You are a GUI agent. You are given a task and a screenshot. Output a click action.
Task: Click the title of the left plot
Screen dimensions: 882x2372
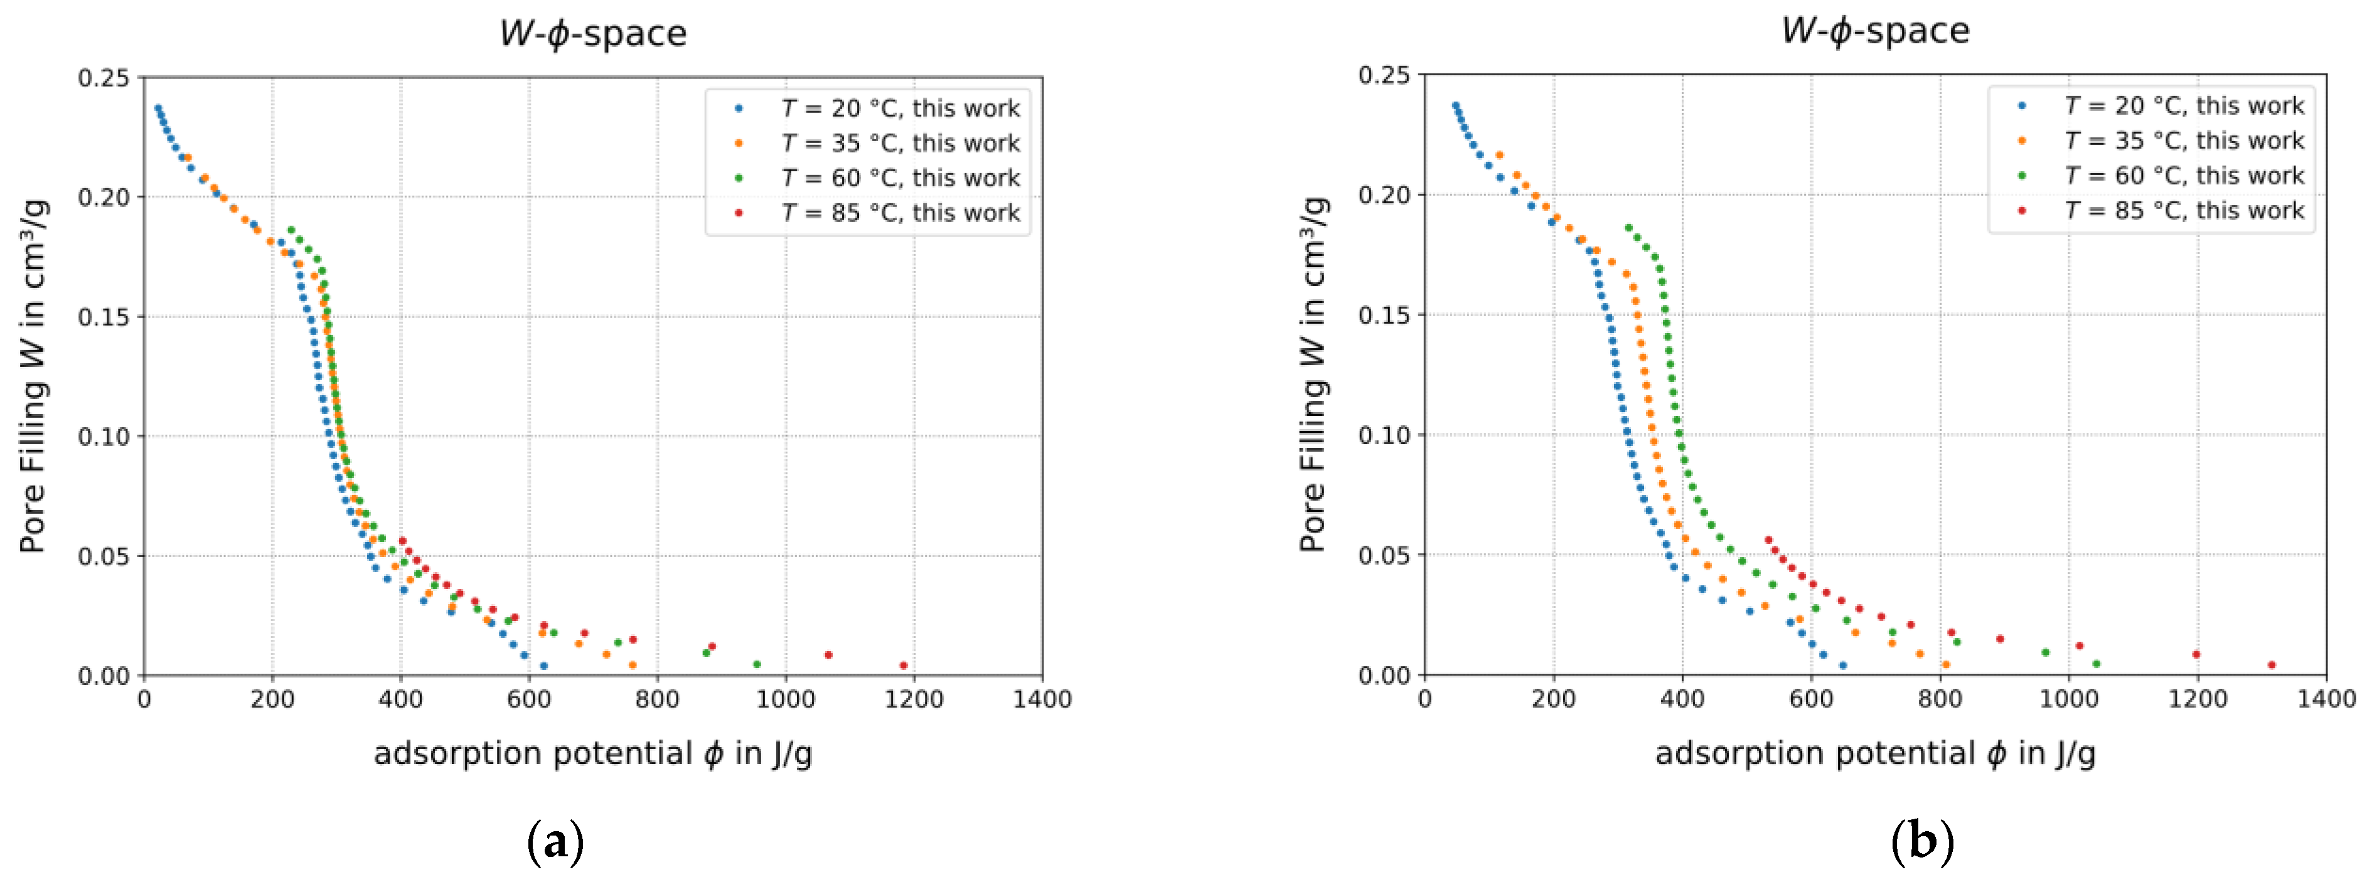click(592, 33)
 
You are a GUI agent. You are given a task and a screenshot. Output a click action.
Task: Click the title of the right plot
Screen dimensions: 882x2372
click(1875, 30)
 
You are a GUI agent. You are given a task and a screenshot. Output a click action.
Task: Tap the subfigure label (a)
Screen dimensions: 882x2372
click(555, 841)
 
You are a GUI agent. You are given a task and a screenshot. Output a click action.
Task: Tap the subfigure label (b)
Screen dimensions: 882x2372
click(1923, 841)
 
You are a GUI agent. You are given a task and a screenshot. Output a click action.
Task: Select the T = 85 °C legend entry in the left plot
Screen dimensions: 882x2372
click(899, 213)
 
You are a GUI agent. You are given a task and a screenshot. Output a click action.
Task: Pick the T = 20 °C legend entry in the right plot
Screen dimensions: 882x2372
click(2182, 106)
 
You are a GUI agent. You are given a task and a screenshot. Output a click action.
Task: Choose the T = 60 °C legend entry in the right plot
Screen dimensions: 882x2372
click(2182, 176)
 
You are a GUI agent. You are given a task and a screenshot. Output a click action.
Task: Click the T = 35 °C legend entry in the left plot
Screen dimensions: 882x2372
click(899, 142)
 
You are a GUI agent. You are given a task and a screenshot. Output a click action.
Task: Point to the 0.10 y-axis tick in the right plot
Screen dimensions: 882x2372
click(1384, 435)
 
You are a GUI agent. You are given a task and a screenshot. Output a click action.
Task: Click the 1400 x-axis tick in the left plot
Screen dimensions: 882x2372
click(1042, 699)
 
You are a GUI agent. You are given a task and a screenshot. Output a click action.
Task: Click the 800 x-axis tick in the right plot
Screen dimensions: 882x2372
click(1940, 699)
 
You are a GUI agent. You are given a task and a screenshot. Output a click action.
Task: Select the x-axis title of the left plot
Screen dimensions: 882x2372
click(592, 754)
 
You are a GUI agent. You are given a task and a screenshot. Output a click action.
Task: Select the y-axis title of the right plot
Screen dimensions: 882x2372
click(1314, 374)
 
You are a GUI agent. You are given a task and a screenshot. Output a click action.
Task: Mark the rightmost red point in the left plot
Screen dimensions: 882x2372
click(904, 666)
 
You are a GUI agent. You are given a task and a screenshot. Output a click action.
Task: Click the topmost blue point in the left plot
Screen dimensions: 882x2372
click(158, 108)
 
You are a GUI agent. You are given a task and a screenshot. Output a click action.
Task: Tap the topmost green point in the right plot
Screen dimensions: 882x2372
click(1628, 228)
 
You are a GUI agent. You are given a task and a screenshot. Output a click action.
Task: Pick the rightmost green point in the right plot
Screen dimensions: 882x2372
click(2097, 664)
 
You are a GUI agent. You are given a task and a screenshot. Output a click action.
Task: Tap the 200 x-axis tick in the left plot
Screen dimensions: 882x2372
click(272, 699)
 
